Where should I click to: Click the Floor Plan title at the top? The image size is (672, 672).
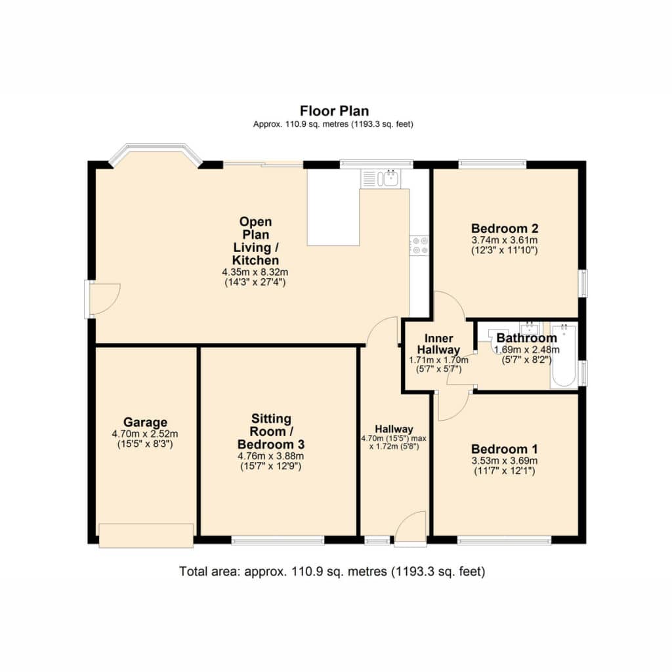334,111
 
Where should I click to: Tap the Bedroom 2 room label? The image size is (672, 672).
505,228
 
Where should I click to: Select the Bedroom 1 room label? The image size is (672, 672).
505,449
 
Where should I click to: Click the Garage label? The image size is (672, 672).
145,423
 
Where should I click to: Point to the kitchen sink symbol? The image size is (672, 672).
381,178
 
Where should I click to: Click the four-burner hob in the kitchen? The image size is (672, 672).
419,245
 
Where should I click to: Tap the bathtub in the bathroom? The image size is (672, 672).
564,356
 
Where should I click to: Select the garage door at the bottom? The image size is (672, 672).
146,535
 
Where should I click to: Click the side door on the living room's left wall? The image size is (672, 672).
102,299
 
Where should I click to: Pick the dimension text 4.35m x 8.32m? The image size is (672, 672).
255,272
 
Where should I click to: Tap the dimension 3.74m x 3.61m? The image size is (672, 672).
505,240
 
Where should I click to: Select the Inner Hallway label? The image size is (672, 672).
439,344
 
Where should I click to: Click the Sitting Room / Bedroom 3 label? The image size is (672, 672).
271,431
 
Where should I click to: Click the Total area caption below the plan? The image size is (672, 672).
332,572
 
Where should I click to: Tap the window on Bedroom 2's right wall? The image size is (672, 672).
583,283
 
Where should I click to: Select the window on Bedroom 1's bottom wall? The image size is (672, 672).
505,541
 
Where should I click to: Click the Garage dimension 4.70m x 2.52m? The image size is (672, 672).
145,434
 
